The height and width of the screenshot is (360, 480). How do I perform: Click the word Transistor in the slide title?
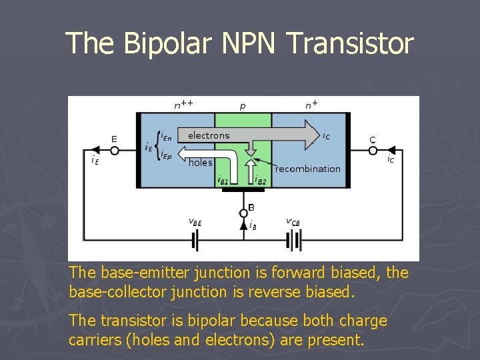click(351, 43)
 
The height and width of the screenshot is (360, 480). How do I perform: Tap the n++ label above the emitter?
click(184, 104)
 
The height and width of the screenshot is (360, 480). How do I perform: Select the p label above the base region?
click(242, 106)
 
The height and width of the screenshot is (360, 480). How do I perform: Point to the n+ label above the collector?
click(311, 104)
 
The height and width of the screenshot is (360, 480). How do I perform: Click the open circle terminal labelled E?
click(114, 151)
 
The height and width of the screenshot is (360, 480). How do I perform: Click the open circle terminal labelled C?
click(373, 151)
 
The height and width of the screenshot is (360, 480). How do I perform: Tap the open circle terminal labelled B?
click(243, 213)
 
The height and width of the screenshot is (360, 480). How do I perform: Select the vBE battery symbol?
click(195, 240)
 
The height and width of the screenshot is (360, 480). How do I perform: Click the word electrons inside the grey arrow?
click(209, 135)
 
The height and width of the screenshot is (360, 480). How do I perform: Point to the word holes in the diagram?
click(200, 163)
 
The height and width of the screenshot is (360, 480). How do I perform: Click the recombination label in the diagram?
click(307, 169)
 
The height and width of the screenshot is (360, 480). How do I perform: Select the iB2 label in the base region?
click(260, 180)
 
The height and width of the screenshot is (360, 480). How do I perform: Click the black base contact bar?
click(243, 189)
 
